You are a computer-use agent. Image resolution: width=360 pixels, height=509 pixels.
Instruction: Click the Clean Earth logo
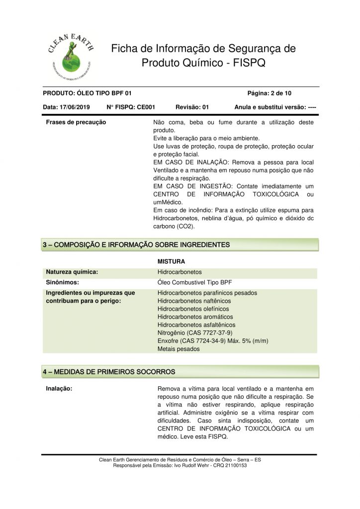69,50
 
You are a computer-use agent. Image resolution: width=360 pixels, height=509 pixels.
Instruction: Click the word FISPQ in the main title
252,64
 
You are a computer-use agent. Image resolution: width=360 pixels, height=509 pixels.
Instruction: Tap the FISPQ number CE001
147,107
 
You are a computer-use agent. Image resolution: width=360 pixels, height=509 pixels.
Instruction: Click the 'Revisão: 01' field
192,107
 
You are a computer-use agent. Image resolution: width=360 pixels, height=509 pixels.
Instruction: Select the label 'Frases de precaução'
76,122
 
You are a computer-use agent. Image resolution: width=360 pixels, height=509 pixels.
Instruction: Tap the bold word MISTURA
172,261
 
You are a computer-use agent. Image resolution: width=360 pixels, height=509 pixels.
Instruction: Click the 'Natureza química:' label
72,272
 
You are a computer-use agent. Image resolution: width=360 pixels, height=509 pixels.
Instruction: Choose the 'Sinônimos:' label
63,282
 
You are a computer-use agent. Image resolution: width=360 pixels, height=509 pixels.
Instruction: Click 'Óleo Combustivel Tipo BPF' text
198,282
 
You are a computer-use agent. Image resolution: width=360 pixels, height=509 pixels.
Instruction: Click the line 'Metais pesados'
179,349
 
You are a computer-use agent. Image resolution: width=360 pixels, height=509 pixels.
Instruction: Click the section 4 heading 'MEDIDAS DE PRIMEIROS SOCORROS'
114,372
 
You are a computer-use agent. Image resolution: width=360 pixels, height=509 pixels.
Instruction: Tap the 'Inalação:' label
60,389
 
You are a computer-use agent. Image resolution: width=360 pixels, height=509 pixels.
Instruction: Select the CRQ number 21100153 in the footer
234,465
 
